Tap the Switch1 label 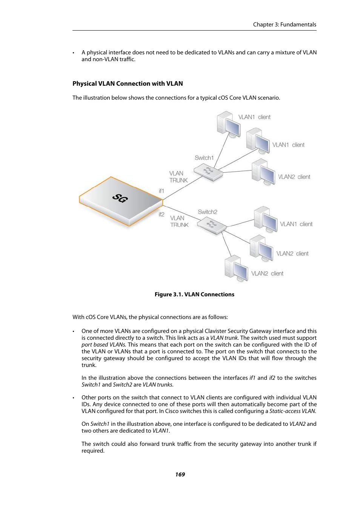(204, 158)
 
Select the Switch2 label (208, 212)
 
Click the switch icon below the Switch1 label (208, 173)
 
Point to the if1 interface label (162, 191)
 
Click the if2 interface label (162, 214)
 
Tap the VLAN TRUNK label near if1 (178, 177)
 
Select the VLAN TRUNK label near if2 (179, 222)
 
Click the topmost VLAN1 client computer (229, 123)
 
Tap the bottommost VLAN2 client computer (236, 269)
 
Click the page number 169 (180, 475)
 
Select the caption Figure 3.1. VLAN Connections (194, 294)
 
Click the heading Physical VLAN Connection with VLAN (128, 84)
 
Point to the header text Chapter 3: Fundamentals (285, 25)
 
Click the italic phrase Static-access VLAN (292, 411)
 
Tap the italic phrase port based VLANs (103, 345)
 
